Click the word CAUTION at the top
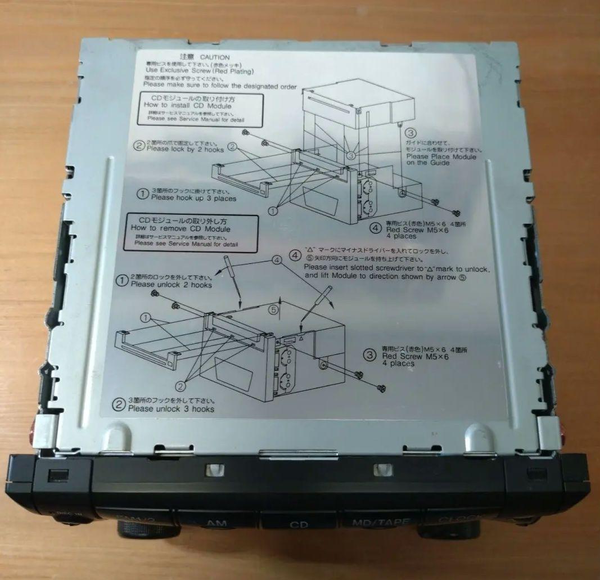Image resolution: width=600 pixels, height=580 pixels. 215,57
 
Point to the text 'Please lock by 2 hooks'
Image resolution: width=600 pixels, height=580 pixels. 185,150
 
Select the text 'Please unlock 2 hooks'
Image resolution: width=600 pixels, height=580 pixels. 171,285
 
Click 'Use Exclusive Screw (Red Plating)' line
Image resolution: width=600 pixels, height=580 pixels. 200,71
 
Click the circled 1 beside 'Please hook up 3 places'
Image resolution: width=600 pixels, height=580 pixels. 142,194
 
